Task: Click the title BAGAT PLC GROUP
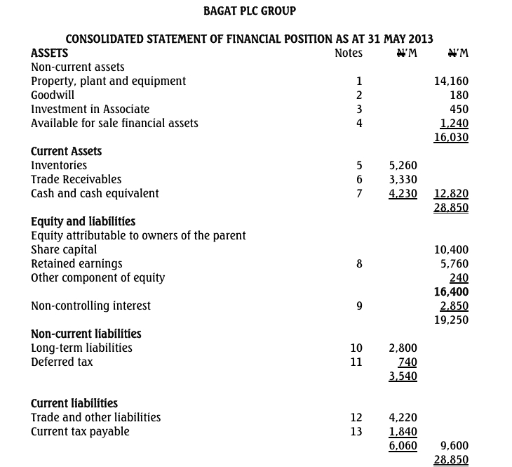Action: tap(250, 11)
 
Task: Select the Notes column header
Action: tap(349, 53)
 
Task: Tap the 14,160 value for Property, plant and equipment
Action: tap(451, 81)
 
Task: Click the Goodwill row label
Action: tap(53, 95)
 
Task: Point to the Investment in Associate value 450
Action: tap(459, 109)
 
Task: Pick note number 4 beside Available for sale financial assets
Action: tap(359, 123)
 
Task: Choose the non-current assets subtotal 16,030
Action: tap(451, 137)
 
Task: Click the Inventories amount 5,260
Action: tap(403, 165)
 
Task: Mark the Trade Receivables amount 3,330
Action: tap(403, 179)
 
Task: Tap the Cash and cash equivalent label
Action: tap(95, 193)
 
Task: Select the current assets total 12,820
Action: tap(451, 193)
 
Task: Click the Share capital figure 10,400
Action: tap(451, 249)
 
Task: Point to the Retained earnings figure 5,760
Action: tap(454, 263)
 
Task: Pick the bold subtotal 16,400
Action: tap(451, 291)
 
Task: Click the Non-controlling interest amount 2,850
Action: tap(454, 305)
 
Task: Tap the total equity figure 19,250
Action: tap(451, 320)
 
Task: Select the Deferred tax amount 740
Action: tap(407, 362)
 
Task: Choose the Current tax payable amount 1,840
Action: tap(403, 431)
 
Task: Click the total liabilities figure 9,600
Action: tap(454, 445)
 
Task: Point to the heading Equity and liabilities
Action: tap(83, 221)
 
